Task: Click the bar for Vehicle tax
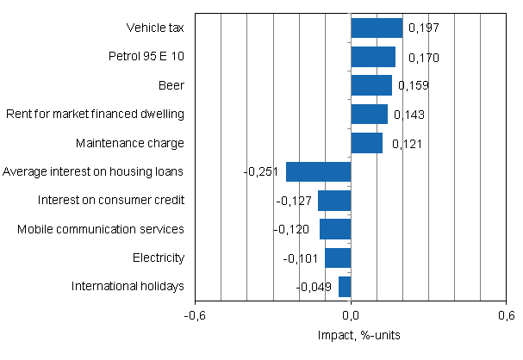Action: pyautogui.click(x=377, y=28)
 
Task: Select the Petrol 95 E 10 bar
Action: pyautogui.click(x=373, y=57)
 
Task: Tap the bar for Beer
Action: pyautogui.click(x=371, y=85)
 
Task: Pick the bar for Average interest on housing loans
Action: pyautogui.click(x=319, y=171)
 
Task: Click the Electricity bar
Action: pyautogui.click(x=338, y=258)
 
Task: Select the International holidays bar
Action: pyautogui.click(x=345, y=286)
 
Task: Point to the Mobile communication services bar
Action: pyautogui.click(x=335, y=229)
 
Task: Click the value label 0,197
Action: pyautogui.click(x=423, y=29)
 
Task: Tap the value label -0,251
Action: pyautogui.click(x=261, y=172)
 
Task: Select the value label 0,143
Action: pyautogui.click(x=408, y=115)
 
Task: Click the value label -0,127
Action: pyautogui.click(x=293, y=201)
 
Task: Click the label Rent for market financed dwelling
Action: pyautogui.click(x=95, y=115)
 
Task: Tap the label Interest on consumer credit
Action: pyautogui.click(x=111, y=201)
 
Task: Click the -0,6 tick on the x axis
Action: pyautogui.click(x=196, y=314)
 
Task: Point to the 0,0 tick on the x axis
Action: pyautogui.click(x=351, y=314)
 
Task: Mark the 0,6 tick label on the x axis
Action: pyautogui.click(x=506, y=314)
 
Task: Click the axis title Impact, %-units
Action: pyautogui.click(x=351, y=334)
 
